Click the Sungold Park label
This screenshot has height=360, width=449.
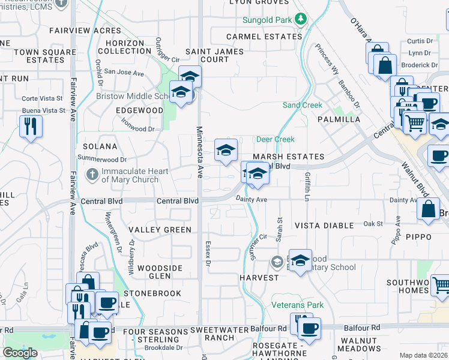pyautogui.click(x=267, y=20)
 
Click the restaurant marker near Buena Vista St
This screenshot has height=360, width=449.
pyautogui.click(x=31, y=127)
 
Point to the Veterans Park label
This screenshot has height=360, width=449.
pyautogui.click(x=297, y=305)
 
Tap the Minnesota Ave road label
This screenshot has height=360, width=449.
pyautogui.click(x=199, y=152)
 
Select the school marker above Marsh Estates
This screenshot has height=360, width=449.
pyautogui.click(x=226, y=149)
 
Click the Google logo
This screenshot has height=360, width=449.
pyautogui.click(x=20, y=353)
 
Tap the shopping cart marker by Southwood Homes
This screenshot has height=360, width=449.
pyautogui.click(x=441, y=284)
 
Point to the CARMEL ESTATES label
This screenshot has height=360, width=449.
pyautogui.click(x=264, y=37)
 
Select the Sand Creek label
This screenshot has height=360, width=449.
pyautogui.click(x=303, y=106)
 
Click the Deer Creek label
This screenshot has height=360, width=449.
pyautogui.click(x=275, y=139)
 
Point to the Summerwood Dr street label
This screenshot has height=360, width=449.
pyautogui.click(x=102, y=160)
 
